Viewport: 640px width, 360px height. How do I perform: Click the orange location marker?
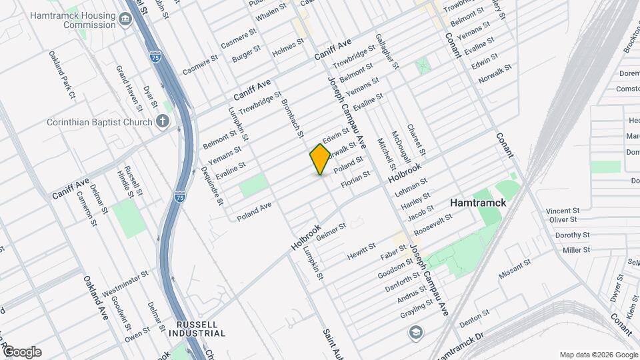pyautogui.click(x=320, y=159)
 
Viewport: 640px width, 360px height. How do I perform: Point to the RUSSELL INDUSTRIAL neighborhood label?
pyautogui.click(x=197, y=328)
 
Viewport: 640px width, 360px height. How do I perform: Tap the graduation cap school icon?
pyautogui.click(x=416, y=331)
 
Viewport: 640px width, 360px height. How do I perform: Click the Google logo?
pyautogui.click(x=22, y=352)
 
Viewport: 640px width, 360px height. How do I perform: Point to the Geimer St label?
pyautogui.click(x=332, y=231)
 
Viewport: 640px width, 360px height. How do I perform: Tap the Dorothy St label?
pyautogui.click(x=573, y=235)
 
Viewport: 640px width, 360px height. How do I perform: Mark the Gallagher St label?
pyautogui.click(x=387, y=51)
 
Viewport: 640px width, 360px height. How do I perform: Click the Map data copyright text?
pyautogui.click(x=598, y=354)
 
